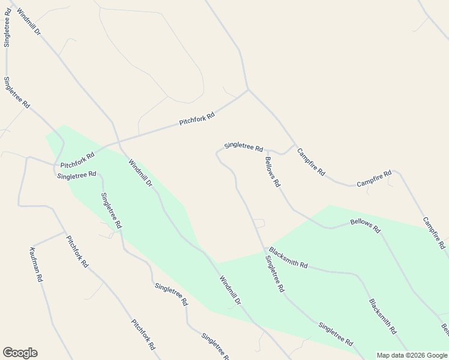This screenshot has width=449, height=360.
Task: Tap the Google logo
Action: pyautogui.click(x=20, y=353)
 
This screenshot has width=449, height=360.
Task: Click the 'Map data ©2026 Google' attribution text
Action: pyautogui.click(x=412, y=355)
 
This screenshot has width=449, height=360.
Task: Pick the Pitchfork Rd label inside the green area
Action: pyautogui.click(x=77, y=160)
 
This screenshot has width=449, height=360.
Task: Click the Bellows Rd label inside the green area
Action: pyautogui.click(x=366, y=226)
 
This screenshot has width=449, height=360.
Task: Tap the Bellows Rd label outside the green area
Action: pyautogui.click(x=273, y=172)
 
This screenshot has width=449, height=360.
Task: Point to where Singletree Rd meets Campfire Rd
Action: pyautogui.click(x=294, y=145)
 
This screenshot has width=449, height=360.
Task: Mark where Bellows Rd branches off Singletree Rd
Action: pyautogui.click(x=266, y=151)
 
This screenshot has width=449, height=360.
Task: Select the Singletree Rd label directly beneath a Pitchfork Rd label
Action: pyautogui.click(x=76, y=175)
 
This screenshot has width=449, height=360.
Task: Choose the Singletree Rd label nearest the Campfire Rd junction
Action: pyautogui.click(x=244, y=146)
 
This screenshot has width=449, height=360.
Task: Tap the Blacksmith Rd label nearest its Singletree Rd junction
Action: pyautogui.click(x=288, y=257)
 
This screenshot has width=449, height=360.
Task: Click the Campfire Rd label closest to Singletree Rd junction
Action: pyautogui.click(x=312, y=162)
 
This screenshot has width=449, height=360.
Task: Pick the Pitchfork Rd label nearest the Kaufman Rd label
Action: pyautogui.click(x=77, y=251)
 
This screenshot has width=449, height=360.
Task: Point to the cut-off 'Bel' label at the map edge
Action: pyautogui.click(x=445, y=329)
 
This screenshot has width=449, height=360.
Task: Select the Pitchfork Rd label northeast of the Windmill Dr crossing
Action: pyautogui.click(x=197, y=119)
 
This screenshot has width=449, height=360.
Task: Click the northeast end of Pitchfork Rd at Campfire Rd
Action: pyautogui.click(x=248, y=91)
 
